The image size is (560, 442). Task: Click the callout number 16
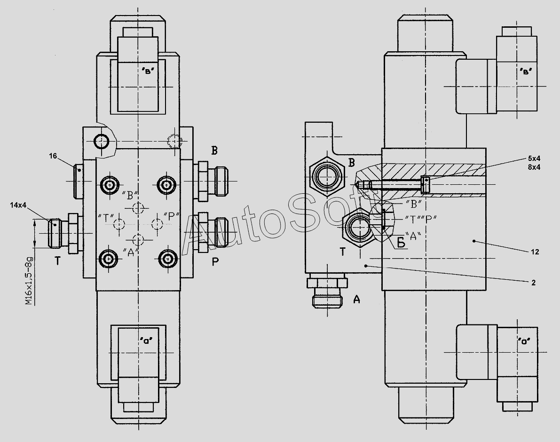click(53, 156)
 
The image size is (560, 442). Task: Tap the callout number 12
click(535, 252)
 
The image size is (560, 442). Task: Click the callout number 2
click(534, 283)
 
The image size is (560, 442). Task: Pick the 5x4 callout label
click(534, 158)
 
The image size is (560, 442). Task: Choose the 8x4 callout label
click(534, 166)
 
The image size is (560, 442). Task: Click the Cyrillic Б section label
click(402, 243)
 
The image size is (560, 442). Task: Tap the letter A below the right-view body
click(356, 300)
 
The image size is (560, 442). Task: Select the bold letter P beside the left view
click(215, 262)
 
